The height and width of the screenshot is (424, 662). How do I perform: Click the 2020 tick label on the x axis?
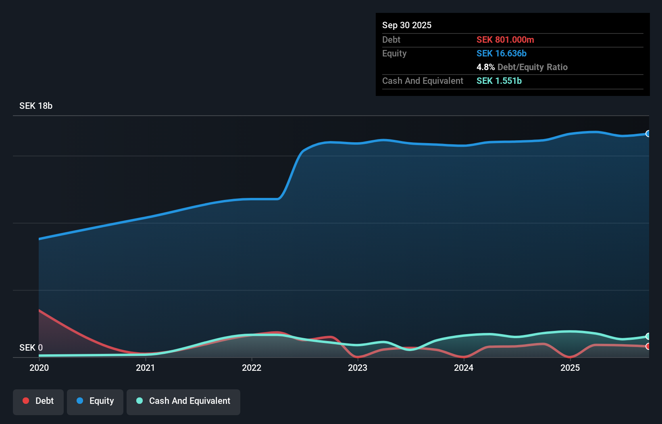coord(39,368)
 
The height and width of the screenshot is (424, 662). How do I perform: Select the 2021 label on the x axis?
coord(145,368)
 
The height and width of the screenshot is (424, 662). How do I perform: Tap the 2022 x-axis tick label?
coord(252,368)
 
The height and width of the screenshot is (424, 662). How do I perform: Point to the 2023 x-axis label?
coord(358,368)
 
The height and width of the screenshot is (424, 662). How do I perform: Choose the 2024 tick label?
coord(464,368)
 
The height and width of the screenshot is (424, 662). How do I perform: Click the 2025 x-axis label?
coord(570,368)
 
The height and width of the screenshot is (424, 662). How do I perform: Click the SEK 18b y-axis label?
coord(36,106)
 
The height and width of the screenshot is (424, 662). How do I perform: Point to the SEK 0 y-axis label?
coord(31,347)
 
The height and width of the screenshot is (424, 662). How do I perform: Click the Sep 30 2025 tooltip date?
coord(407,25)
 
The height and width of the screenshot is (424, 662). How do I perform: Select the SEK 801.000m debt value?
coord(505,39)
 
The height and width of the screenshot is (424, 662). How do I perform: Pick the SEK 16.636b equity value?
coord(502,53)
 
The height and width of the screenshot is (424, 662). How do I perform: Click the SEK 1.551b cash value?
coord(499,81)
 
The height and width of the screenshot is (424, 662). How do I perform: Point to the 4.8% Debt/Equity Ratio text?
coord(522,67)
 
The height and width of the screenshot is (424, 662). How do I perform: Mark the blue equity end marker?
coord(648,134)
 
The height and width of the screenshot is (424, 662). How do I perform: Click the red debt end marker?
coord(648,346)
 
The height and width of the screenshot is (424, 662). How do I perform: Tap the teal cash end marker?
coord(648,336)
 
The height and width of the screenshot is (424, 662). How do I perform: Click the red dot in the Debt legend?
coord(26,401)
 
